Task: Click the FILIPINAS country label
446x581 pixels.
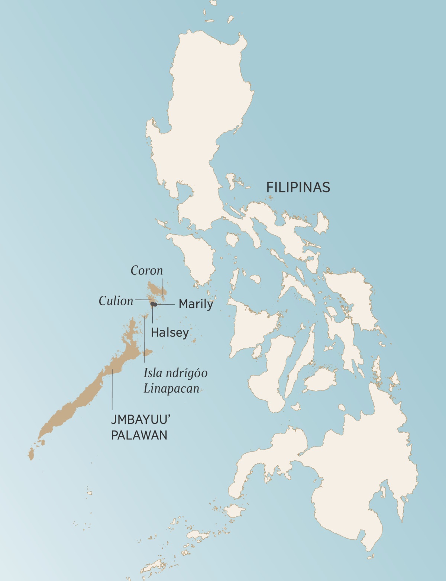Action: click(x=298, y=187)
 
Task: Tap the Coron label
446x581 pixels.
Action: click(x=147, y=270)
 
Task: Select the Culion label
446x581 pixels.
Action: click(x=116, y=301)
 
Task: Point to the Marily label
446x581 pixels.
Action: click(x=196, y=304)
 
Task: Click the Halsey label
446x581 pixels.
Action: click(x=170, y=332)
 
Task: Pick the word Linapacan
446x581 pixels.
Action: click(x=171, y=389)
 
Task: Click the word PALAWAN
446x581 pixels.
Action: click(x=139, y=435)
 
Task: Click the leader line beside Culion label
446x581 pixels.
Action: click(x=143, y=299)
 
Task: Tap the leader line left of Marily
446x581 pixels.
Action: click(x=165, y=304)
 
